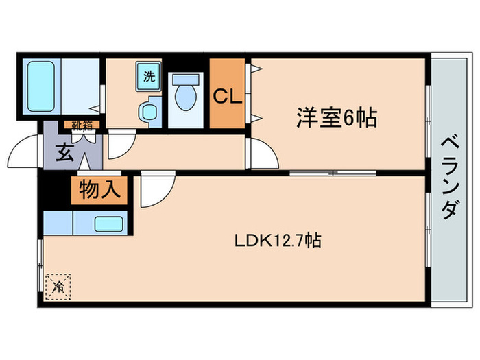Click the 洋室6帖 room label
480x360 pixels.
point(336,118)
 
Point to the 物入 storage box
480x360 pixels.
point(99,189)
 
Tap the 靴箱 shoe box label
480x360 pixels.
point(83,125)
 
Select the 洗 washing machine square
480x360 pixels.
point(148,76)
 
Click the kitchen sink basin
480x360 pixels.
point(108,224)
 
